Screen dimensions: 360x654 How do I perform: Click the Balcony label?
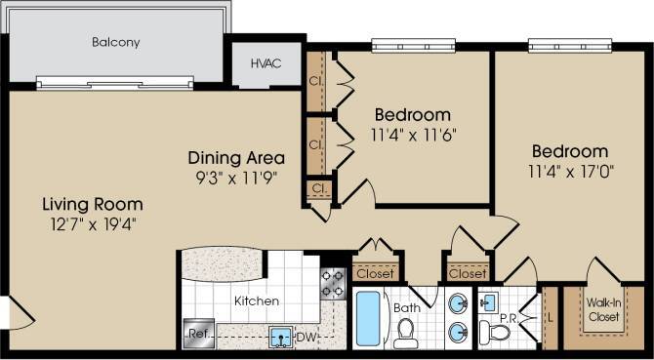coord(116,42)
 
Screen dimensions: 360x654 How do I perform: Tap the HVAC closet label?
coord(265,63)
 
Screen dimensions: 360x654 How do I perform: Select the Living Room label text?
coord(92,205)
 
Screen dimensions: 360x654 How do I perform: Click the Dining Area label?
coord(236,158)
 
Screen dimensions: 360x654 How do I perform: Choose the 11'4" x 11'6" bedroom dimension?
coord(413,134)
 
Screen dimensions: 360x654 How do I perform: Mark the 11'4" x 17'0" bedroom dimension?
coord(569,171)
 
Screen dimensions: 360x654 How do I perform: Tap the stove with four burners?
coord(332,283)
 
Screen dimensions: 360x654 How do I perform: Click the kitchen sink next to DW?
coord(281,338)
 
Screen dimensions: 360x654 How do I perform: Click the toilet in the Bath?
coord(406,335)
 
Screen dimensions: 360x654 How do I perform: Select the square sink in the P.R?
coord(491,300)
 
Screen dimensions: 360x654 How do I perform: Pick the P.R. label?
coord(508,317)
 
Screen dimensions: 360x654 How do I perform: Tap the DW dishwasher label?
coord(306,338)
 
